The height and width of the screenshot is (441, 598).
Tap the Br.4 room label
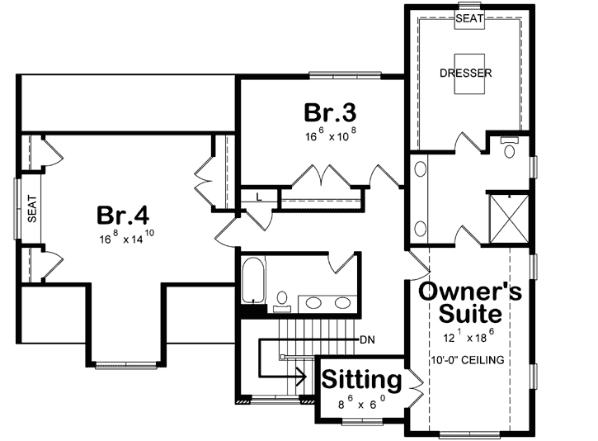coord(123,216)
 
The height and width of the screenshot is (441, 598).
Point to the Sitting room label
coord(361,380)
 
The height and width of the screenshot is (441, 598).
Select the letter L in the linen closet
coord(258,197)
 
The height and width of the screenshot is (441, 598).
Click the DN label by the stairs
coord(369,339)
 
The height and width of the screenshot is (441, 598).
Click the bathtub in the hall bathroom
coord(252,281)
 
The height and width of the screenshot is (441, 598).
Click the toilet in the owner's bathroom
coord(508,149)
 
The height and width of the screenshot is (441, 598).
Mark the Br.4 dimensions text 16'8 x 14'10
coord(126,239)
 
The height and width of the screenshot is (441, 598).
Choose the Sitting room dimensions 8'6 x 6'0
coord(360,405)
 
